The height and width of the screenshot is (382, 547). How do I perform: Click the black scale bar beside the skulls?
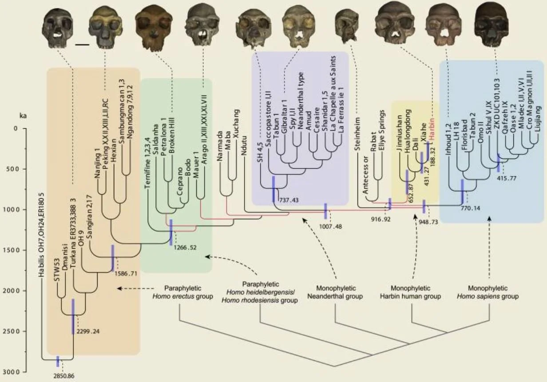[82, 44]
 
